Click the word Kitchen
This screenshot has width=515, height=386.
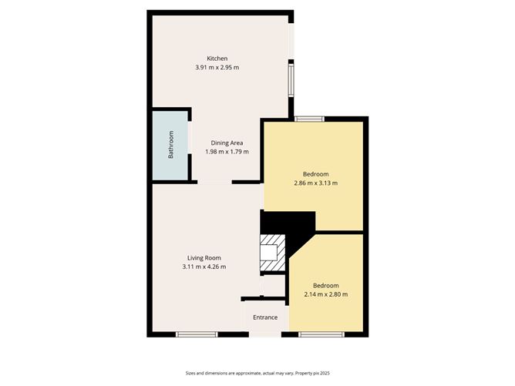pos(217,59)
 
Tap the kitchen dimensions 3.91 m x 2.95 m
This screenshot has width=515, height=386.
pos(217,68)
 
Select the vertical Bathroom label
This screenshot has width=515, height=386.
pos(171,145)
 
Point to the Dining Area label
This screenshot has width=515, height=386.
pos(227,143)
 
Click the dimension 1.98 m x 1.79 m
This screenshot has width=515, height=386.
pos(227,152)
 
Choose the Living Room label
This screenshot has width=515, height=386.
pos(204,258)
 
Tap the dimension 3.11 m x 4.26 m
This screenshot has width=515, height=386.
pos(204,267)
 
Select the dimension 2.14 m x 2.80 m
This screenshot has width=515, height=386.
pos(326,294)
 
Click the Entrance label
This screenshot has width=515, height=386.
pos(265,317)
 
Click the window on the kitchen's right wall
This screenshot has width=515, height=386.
pos(291,79)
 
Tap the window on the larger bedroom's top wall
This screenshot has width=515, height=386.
pos(308,119)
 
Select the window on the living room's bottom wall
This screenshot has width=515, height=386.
pos(196,334)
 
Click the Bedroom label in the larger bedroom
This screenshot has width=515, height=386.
pos(315,174)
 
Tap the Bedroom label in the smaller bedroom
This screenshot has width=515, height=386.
pos(326,286)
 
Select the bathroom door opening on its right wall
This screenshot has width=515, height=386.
pos(189,145)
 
